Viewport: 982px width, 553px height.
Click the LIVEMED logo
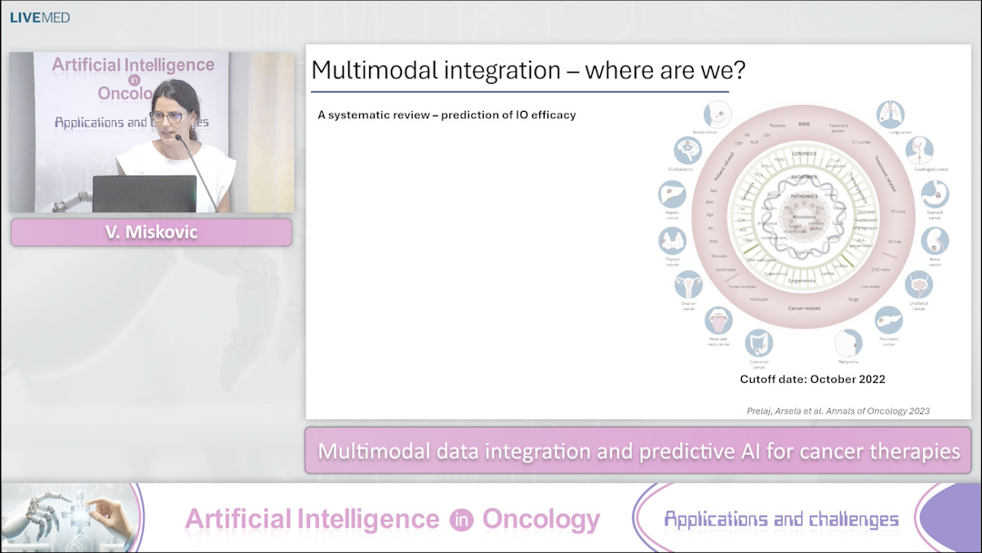39,17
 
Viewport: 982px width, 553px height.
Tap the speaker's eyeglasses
165,116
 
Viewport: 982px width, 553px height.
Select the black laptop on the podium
144,193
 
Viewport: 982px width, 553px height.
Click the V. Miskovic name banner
151,232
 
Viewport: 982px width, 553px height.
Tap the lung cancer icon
889,114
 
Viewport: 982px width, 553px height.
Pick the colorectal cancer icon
758,343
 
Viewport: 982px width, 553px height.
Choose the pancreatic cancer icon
889,320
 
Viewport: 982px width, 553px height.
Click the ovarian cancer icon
687,287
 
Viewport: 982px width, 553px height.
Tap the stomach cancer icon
934,194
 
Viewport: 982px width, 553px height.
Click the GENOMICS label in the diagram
805,155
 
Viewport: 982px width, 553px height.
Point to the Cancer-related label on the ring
803,308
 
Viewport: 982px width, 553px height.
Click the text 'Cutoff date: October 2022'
812,378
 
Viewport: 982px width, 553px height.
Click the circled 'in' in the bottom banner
460,519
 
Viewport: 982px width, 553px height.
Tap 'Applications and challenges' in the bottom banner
781,519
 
